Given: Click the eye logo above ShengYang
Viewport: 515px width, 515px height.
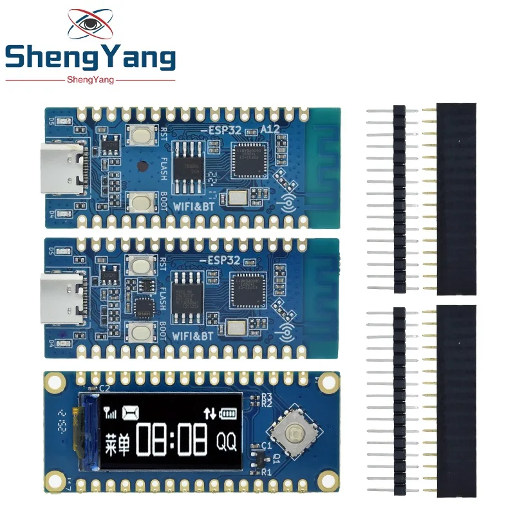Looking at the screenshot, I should point(90,24).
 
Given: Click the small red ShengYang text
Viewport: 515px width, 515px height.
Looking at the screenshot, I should point(90,80).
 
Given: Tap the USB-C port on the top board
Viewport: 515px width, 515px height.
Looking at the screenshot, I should point(62,169).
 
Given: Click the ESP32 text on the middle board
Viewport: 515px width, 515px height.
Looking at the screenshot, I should point(225,260).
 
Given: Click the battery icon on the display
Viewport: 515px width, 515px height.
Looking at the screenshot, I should point(229,413).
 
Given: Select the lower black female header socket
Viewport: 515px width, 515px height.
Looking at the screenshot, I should point(456,400).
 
